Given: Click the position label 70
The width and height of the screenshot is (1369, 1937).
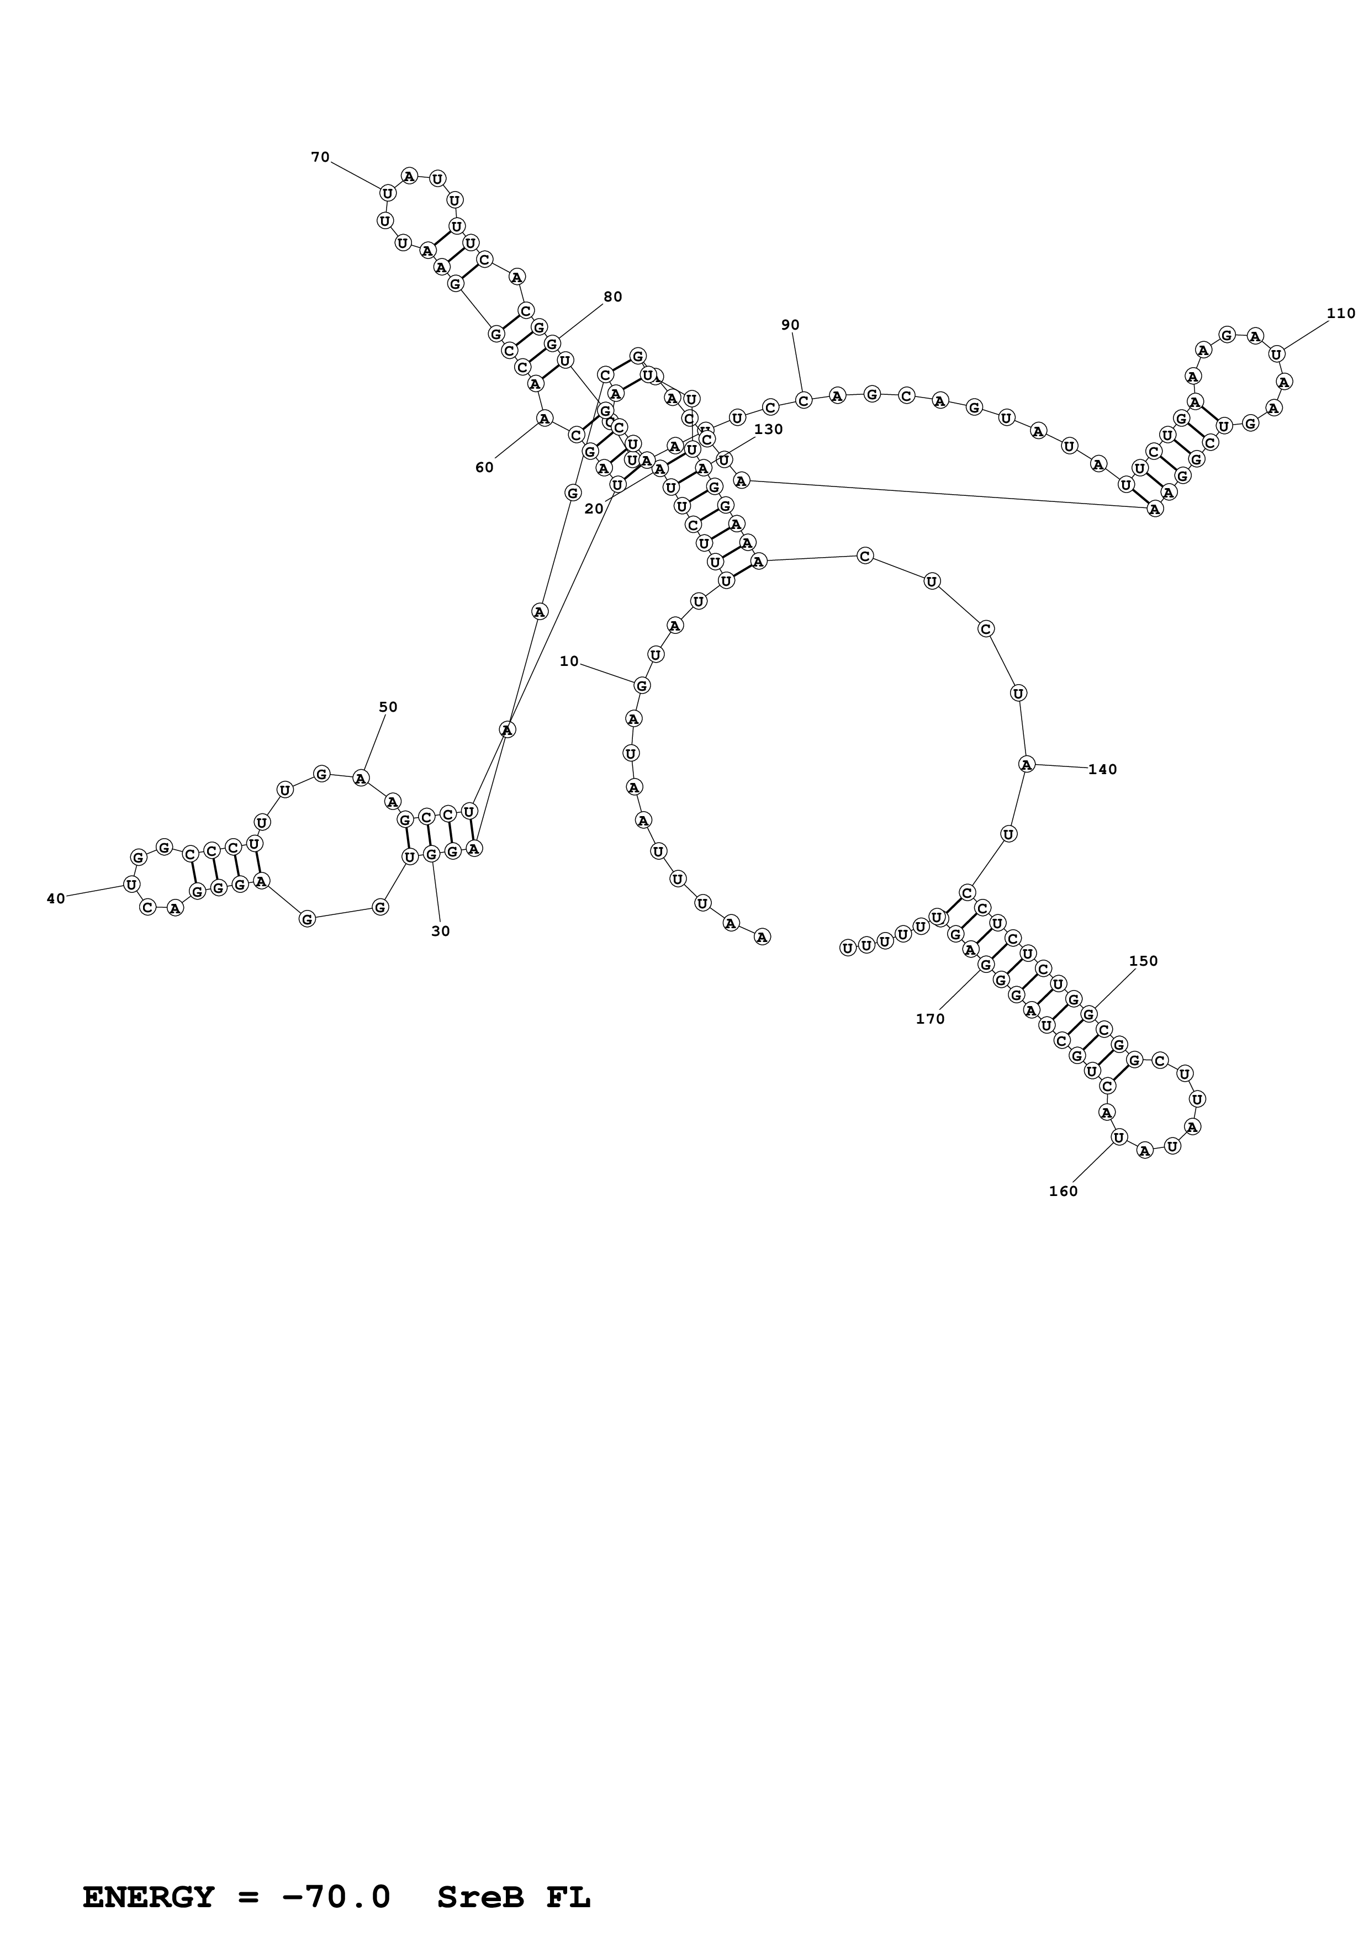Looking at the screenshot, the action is pos(320,157).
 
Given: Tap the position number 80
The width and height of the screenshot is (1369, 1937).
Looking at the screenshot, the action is pos(612,297).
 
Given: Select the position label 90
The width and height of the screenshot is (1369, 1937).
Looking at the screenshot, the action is pos(790,325).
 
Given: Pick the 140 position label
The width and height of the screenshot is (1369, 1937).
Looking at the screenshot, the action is pos(1102,769).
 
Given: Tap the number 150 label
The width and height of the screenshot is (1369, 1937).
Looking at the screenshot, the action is pos(1143,961).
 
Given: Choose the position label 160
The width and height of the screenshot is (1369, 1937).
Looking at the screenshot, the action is pos(1063,1191).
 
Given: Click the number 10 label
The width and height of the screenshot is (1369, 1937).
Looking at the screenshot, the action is pos(569,661).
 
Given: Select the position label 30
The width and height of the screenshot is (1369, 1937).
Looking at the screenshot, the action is pos(440,932).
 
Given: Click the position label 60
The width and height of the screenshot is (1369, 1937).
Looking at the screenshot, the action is pos(484,467).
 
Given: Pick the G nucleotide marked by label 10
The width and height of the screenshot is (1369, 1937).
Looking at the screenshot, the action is pos(642,685).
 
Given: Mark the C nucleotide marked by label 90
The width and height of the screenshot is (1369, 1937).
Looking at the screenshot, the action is pos(804,400).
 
